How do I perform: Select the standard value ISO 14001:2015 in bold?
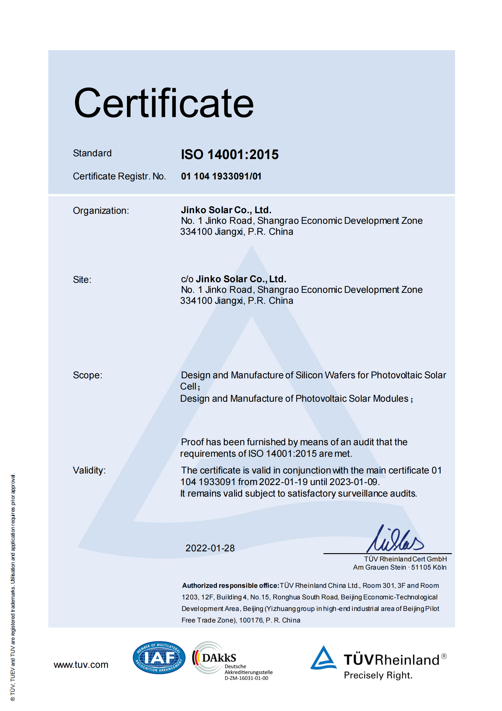pos(230,154)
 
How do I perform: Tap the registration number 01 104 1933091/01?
pos(221,176)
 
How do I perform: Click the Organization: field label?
pos(101,210)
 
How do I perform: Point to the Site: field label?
pos(82,280)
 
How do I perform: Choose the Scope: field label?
pos(87,375)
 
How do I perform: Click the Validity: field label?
pos(89,470)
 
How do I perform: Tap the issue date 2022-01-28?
pos(210,548)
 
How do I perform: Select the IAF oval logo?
pos(159,657)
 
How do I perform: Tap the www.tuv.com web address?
pos(81,664)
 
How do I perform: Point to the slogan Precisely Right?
pos(378,675)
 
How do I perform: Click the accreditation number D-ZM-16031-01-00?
pos(246,678)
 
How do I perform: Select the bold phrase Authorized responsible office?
pos(231,586)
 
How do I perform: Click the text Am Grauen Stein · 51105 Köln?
pos(400,567)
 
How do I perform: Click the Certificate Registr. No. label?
pos(119,176)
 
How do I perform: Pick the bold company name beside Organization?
pos(226,210)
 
